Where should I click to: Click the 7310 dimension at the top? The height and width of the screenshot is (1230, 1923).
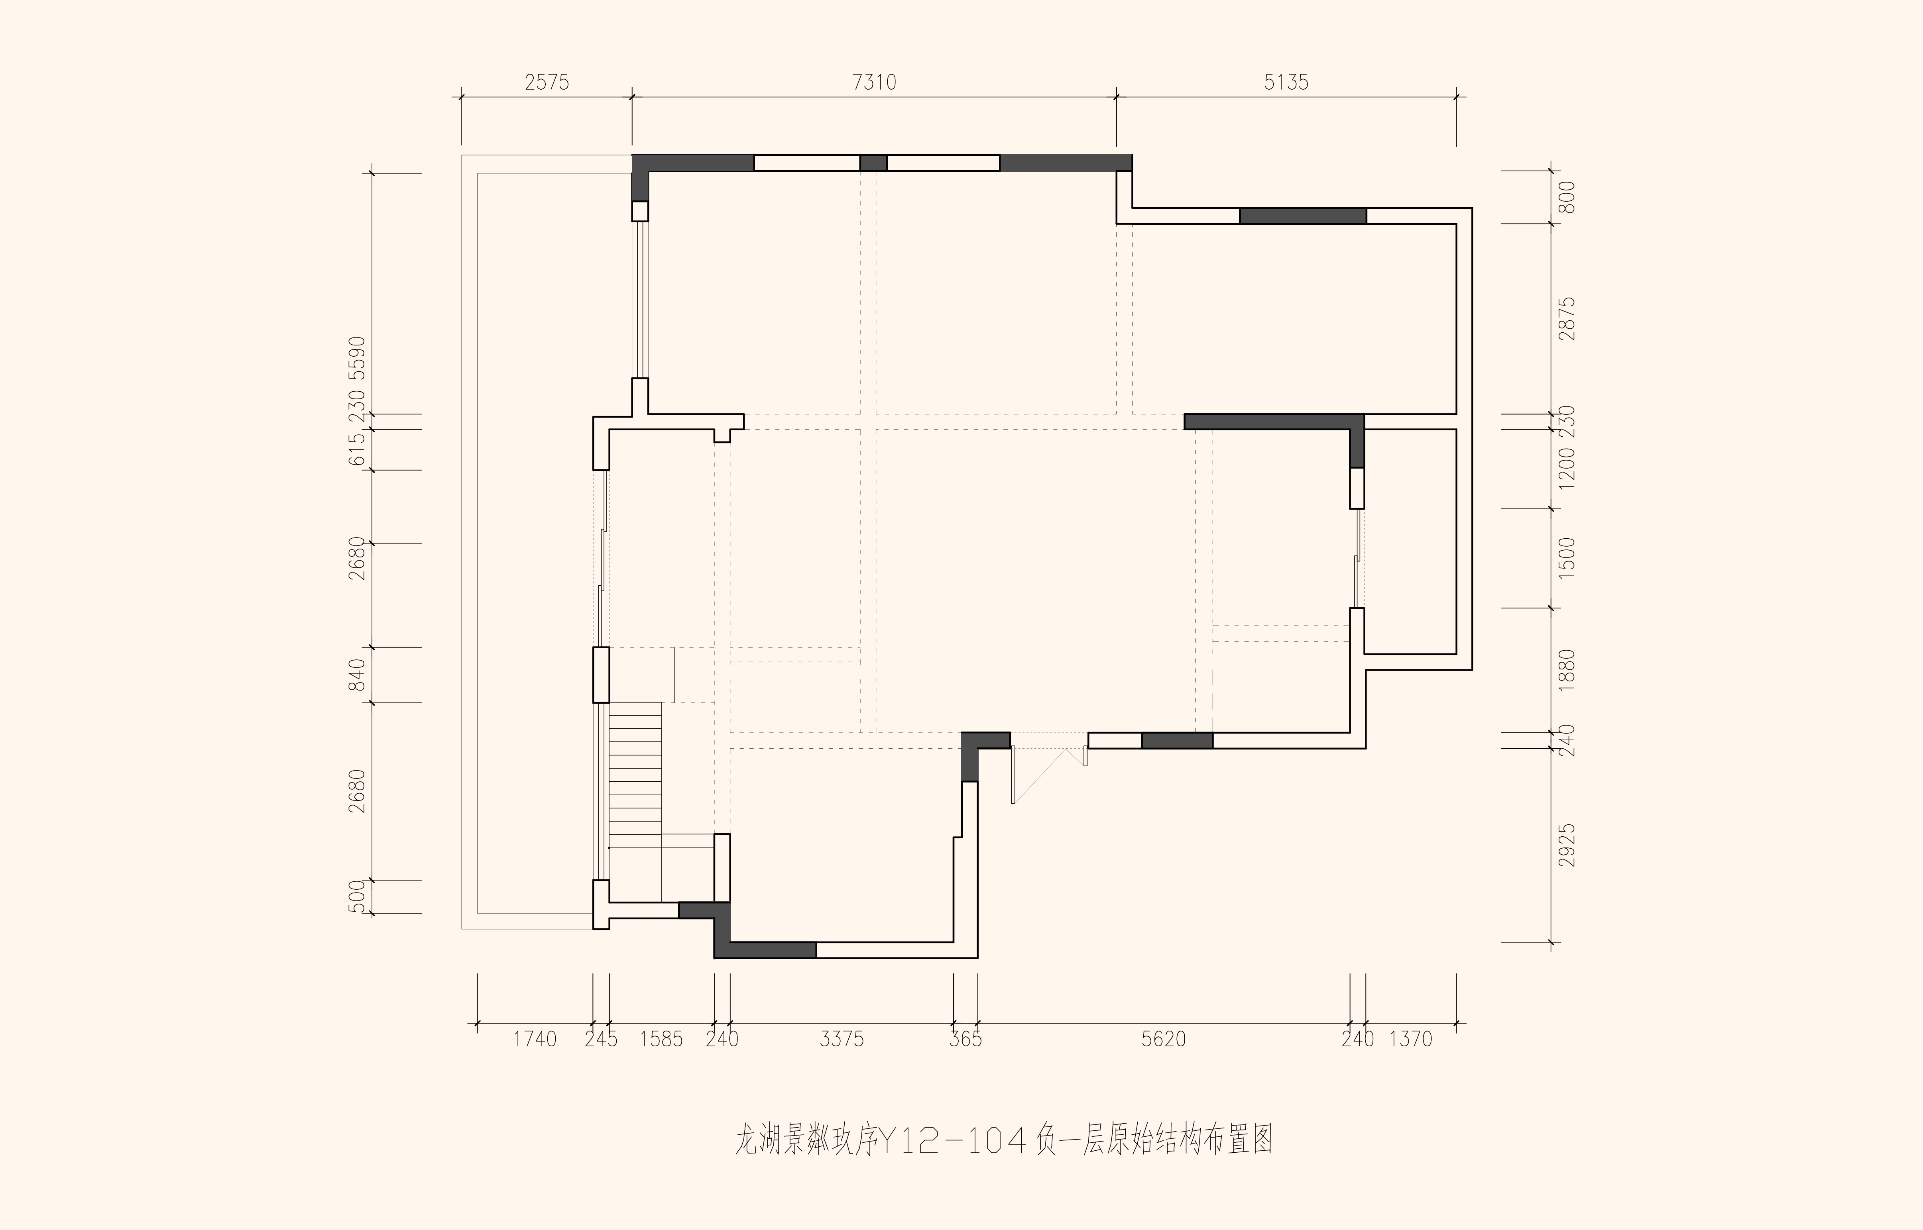874,82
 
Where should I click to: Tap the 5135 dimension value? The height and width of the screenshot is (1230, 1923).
1286,82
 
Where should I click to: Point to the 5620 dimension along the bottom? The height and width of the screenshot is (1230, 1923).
1163,1039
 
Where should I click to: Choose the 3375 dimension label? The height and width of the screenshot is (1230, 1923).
842,1039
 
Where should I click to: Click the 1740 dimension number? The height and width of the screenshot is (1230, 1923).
535,1039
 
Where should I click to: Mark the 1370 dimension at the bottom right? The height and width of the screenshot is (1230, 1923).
1411,1039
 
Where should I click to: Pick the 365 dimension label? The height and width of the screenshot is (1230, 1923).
965,1039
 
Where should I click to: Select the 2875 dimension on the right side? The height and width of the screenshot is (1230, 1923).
1567,319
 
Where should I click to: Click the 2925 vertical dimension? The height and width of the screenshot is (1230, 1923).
1567,845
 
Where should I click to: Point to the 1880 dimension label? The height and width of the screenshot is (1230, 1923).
1567,670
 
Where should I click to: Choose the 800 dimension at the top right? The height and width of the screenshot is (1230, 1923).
1567,197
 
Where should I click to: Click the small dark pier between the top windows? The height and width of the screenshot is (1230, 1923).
873,163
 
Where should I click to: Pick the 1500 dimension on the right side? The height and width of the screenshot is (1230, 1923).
1567,558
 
